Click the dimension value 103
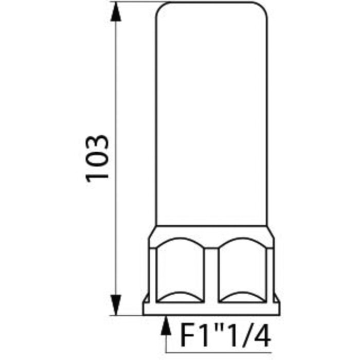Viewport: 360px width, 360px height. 97,157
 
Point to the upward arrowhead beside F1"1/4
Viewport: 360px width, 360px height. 166,324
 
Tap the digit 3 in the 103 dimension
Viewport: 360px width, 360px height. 97,142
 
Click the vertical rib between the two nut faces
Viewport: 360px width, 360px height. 211,273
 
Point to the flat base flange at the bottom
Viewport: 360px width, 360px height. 211,309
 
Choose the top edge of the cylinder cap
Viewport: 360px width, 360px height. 211,3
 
